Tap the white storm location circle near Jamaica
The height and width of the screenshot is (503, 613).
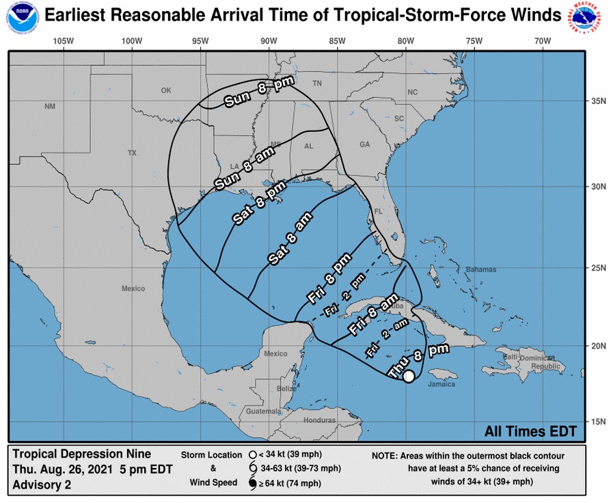[408, 377]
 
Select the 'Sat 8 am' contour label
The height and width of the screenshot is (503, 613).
[291, 239]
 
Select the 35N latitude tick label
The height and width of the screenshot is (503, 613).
[599, 101]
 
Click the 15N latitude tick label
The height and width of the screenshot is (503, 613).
[599, 421]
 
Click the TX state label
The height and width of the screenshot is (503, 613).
[132, 153]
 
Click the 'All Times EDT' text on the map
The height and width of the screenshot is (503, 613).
[530, 431]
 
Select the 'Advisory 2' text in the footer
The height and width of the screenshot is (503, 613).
[42, 485]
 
